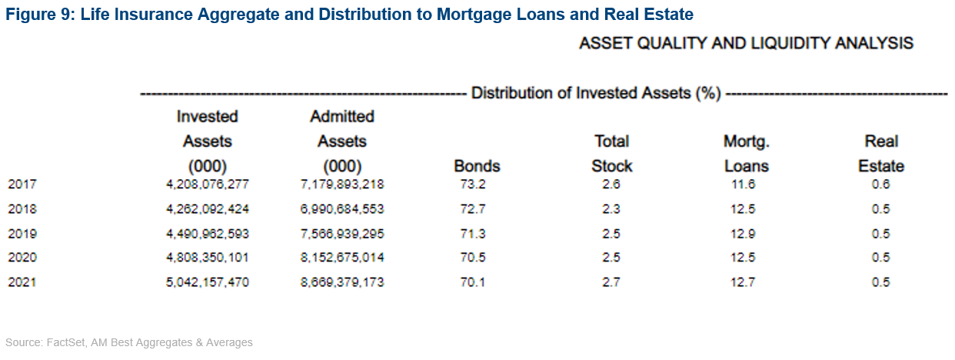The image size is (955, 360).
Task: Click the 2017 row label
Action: coord(22,185)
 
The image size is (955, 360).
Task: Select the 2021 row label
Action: coord(22,282)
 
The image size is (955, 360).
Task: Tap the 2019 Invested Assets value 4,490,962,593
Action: coord(207,234)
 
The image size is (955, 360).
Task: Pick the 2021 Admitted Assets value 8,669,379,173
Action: coord(341,282)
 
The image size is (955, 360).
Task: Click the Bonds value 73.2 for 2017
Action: coord(477,185)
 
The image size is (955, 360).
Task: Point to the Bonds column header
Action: coord(477,166)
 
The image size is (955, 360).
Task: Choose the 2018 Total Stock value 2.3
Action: coord(611,209)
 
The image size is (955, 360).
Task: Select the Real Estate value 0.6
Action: coord(880,185)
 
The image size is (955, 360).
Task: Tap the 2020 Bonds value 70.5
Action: coord(477,258)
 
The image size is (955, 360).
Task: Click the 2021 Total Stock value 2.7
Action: coord(611,282)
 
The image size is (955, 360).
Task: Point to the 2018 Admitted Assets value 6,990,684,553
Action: coord(341,209)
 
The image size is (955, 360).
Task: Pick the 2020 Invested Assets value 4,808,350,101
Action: coord(207,258)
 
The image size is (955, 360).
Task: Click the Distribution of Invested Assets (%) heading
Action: coord(596,94)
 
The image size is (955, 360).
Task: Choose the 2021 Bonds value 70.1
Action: coord(477,282)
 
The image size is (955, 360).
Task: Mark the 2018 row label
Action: coord(22,209)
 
